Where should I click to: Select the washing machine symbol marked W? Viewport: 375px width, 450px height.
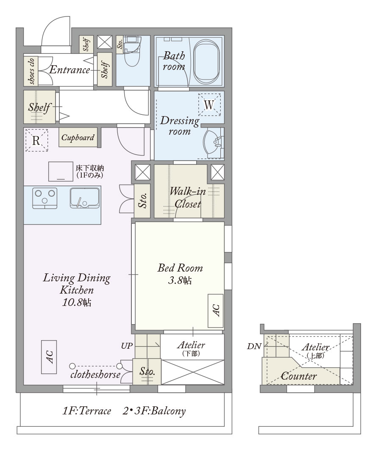tap(209, 105)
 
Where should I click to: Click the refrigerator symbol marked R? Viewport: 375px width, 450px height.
tap(36, 140)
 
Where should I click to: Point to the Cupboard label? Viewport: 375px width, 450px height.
tap(78, 137)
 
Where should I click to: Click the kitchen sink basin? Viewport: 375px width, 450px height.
tap(85, 198)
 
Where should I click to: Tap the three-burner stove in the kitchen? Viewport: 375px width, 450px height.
tap(44, 198)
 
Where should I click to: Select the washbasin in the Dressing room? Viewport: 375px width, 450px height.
tap(213, 143)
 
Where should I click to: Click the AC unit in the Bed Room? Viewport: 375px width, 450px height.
tap(216, 311)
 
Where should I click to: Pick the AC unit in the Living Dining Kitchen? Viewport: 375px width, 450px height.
tap(49, 357)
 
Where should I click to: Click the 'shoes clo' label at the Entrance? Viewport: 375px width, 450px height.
tap(31, 71)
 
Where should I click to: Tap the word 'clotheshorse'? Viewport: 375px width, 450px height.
tap(95, 375)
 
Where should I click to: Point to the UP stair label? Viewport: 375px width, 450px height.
tap(127, 346)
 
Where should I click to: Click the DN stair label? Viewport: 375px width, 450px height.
tap(254, 346)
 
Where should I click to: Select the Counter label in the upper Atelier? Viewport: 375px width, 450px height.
tap(299, 376)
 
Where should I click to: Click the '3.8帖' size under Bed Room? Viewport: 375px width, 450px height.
tap(180, 280)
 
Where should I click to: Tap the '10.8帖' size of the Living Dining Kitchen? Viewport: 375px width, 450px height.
tap(77, 303)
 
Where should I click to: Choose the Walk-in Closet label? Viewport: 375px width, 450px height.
tap(188, 197)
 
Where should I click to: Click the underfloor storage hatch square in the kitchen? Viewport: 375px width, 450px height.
tap(61, 171)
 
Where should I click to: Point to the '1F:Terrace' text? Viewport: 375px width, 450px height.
tap(86, 411)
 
